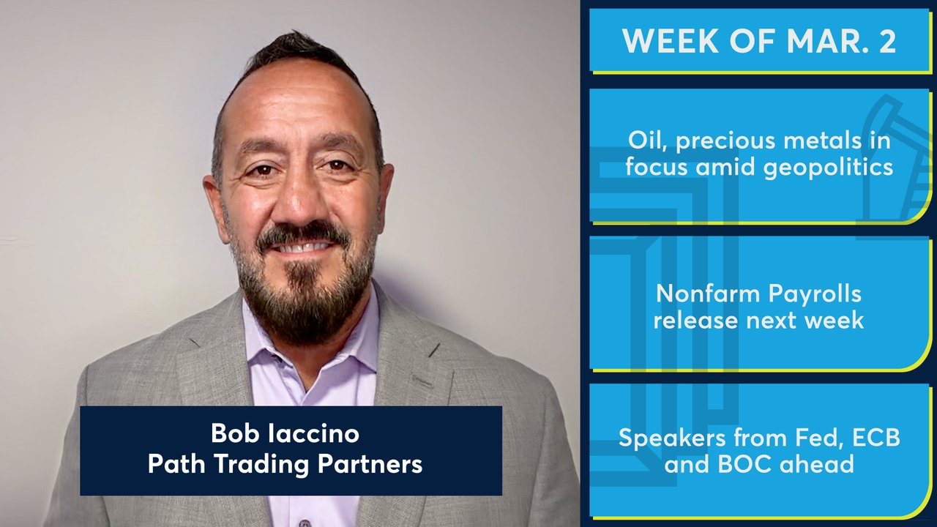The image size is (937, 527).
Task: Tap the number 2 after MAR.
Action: (886, 41)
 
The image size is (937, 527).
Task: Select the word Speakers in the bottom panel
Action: (673, 438)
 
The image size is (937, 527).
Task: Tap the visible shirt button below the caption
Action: (305, 523)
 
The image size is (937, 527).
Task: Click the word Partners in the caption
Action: (370, 464)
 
